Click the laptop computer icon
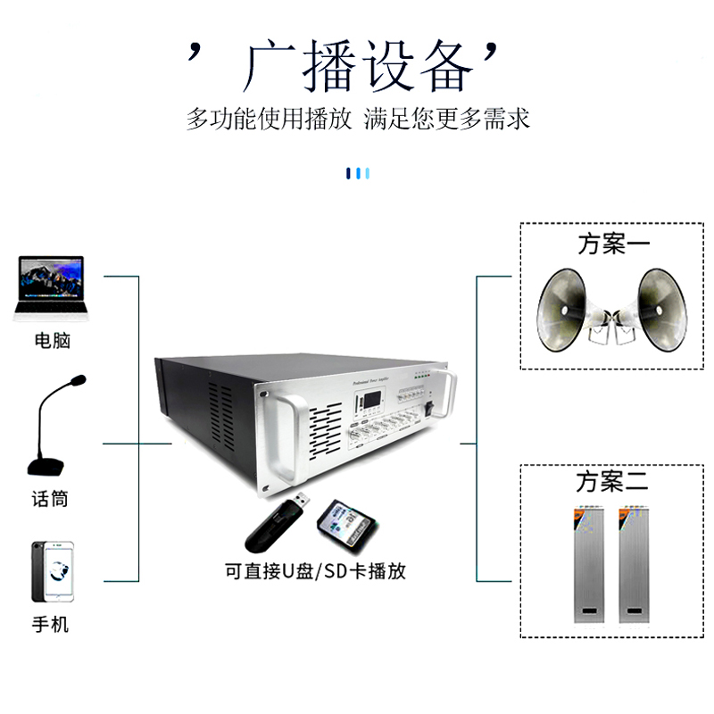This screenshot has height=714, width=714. coord(50,288)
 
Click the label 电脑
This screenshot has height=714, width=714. coord(51,340)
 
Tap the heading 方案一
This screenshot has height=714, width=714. coord(614,244)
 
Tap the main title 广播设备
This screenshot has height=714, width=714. coord(357,65)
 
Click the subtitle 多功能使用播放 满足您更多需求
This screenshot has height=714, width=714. coord(358,119)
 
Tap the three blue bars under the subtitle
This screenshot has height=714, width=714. coord(357,173)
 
